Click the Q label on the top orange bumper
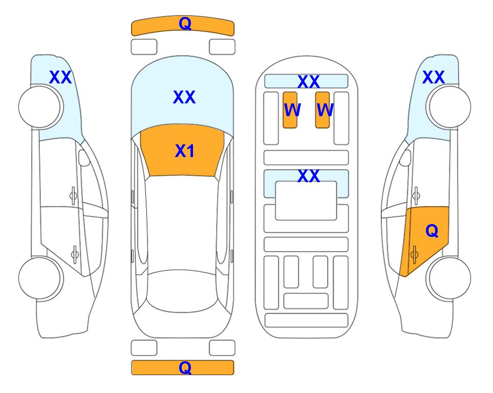pyautogui.click(x=185, y=24)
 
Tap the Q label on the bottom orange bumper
pyautogui.click(x=185, y=367)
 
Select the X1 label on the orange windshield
pyautogui.click(x=185, y=151)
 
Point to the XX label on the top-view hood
pyautogui.click(x=184, y=97)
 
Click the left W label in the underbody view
pyautogui.click(x=292, y=110)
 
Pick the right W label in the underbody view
pyautogui.click(x=325, y=110)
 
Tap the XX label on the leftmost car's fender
pyautogui.click(x=60, y=77)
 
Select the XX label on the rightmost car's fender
pyautogui.click(x=434, y=77)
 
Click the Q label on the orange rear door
pyautogui.click(x=432, y=231)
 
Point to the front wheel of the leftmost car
pyautogui.click(x=40, y=107)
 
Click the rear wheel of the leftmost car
pyautogui.click(x=40, y=278)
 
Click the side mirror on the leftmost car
pyautogui.click(x=84, y=158)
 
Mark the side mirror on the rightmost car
pyautogui.click(x=405, y=158)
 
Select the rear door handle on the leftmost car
pyautogui.click(x=75, y=254)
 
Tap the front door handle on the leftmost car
pyautogui.click(x=73, y=196)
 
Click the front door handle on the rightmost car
pyautogui.click(x=416, y=196)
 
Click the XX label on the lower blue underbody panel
pyautogui.click(x=309, y=176)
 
